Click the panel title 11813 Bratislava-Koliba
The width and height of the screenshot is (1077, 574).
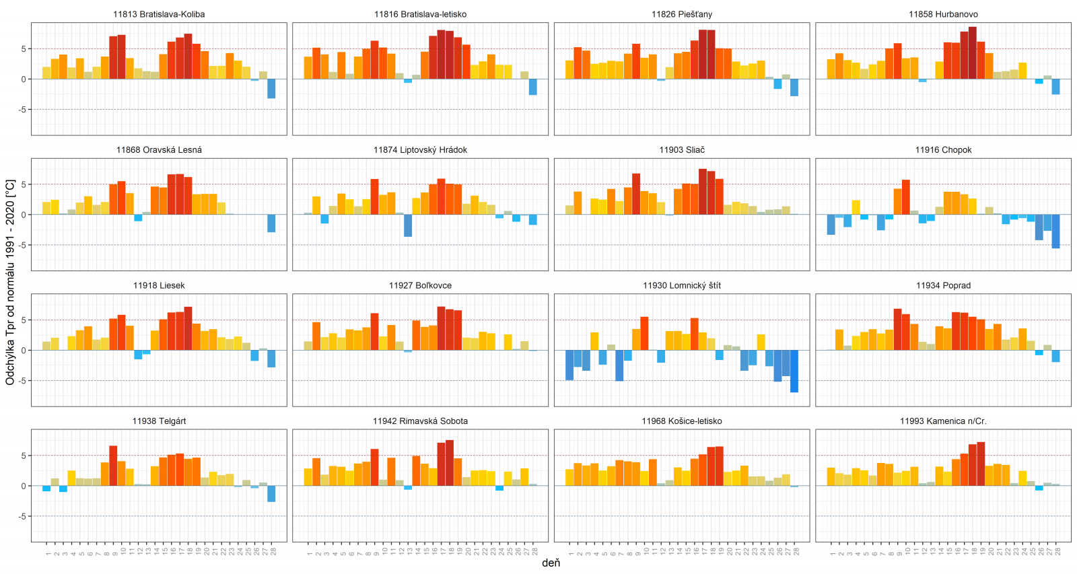(x=159, y=14)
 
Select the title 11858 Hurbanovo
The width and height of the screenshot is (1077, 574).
(x=943, y=14)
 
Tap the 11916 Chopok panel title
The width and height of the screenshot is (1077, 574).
(x=943, y=150)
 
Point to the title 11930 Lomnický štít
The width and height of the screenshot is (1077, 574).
(x=681, y=285)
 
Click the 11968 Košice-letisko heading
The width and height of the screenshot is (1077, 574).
(x=681, y=421)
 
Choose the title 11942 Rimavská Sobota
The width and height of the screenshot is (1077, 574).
(x=420, y=421)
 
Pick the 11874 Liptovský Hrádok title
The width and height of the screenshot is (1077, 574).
(x=420, y=150)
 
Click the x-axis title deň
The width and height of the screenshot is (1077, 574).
(x=551, y=563)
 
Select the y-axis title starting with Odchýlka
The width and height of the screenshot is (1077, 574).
(x=10, y=282)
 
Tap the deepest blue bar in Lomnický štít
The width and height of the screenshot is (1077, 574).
(x=794, y=371)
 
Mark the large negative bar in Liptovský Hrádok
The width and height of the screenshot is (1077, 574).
(x=408, y=225)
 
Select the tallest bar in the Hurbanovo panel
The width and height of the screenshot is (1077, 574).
(x=973, y=53)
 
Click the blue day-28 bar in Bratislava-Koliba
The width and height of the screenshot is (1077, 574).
(x=271, y=89)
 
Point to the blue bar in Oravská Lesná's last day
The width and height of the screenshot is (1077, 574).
(x=271, y=223)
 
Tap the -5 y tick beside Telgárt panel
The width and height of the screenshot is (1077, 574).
(x=23, y=516)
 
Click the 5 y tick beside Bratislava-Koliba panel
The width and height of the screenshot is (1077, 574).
(x=24, y=49)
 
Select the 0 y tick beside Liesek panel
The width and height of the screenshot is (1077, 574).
(x=24, y=351)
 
